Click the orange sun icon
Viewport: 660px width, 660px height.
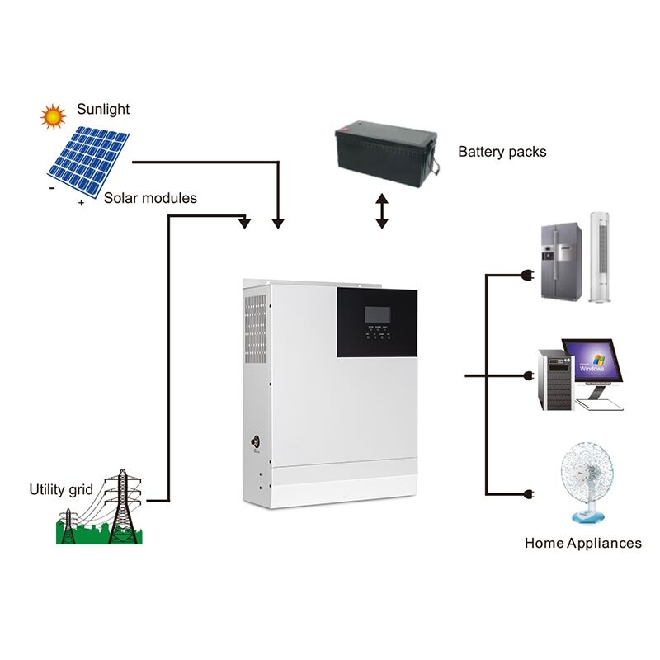click(54, 115)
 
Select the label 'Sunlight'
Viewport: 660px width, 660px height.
click(103, 109)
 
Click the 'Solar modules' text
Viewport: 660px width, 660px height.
click(150, 198)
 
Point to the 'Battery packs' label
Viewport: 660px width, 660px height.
click(502, 152)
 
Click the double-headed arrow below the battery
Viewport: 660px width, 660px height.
click(381, 211)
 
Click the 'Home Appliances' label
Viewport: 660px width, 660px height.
click(582, 543)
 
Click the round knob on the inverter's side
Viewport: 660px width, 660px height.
click(255, 440)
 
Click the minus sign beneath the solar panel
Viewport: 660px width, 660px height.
click(52, 188)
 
